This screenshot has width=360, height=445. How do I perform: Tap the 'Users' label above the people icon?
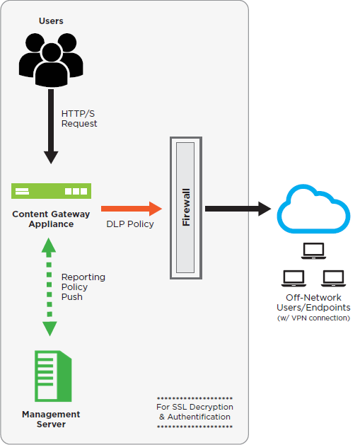pos(51,21)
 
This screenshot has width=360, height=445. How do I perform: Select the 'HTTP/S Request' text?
pos(79,118)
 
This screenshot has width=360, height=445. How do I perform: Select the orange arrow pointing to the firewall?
pos(132,209)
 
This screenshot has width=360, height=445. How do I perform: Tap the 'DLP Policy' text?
pos(130,224)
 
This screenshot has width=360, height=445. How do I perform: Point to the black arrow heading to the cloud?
pos(238,209)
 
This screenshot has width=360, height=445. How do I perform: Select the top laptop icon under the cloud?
pos(313,250)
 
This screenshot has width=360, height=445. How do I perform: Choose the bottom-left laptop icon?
pos(294,277)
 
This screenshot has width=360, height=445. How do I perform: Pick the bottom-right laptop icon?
pos(333,277)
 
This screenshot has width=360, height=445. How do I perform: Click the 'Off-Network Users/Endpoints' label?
pos(313,303)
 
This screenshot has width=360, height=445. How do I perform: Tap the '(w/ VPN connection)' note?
pos(313,318)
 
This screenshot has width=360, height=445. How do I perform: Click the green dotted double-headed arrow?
pos(49,287)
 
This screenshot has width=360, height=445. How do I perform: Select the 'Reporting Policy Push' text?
pos(83,287)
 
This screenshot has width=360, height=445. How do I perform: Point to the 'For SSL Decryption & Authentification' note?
pos(194,412)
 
